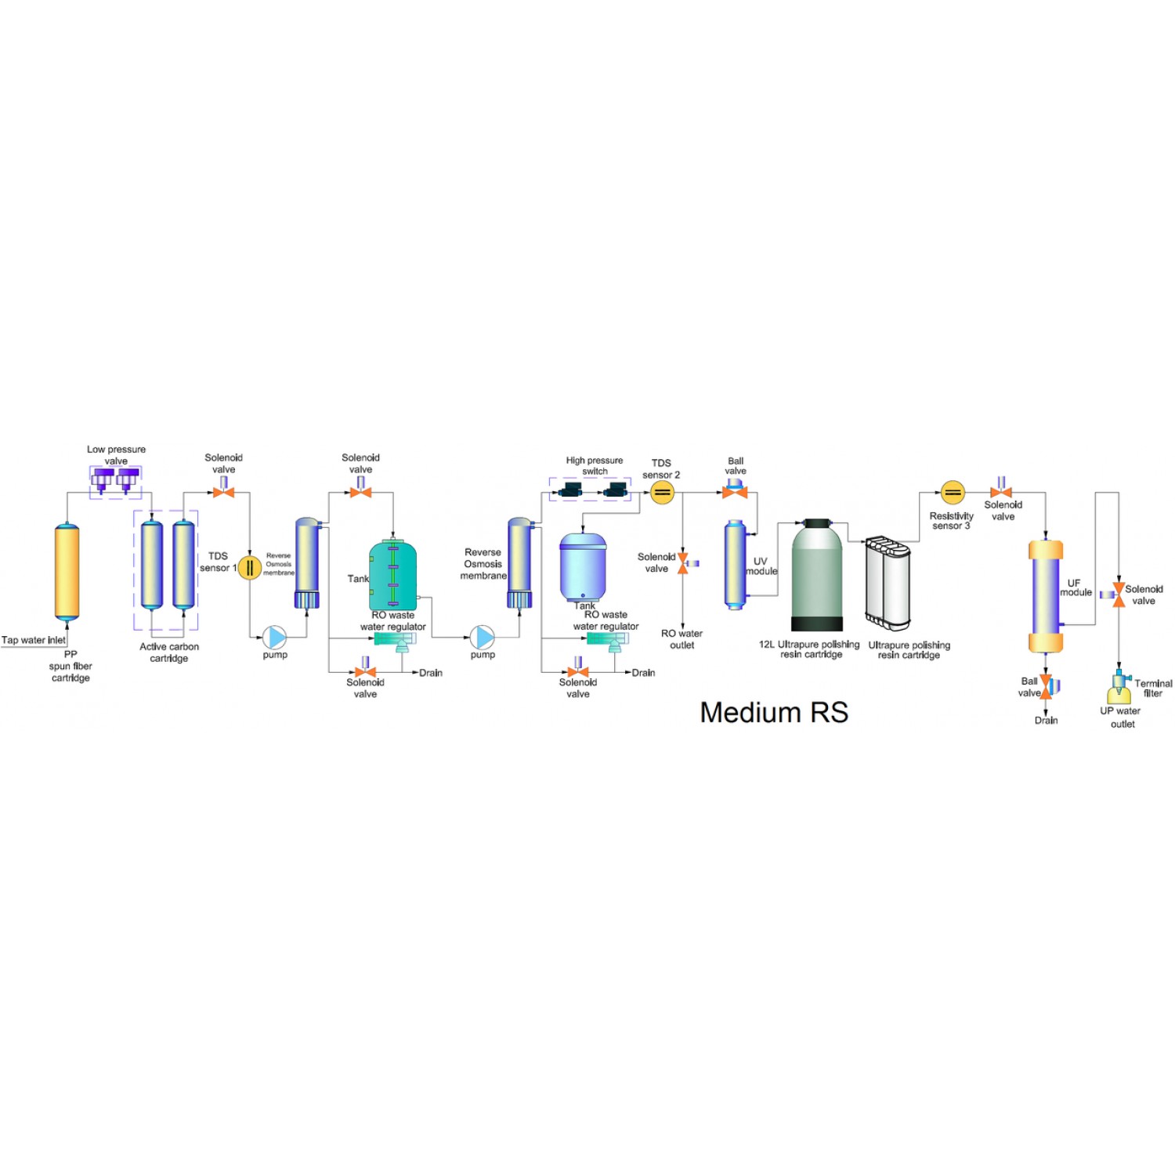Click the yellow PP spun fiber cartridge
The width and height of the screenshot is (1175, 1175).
pyautogui.click(x=67, y=572)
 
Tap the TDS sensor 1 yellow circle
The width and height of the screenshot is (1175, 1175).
pyautogui.click(x=249, y=567)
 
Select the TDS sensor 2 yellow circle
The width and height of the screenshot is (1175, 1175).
pyautogui.click(x=662, y=492)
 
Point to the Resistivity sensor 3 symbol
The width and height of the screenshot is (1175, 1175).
pyautogui.click(x=952, y=492)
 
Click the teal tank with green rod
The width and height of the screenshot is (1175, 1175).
pyautogui.click(x=392, y=576)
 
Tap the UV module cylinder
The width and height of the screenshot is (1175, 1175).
pyautogui.click(x=735, y=564)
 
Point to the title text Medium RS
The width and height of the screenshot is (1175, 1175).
pyautogui.click(x=774, y=712)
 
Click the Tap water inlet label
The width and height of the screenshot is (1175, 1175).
pyautogui.click(x=34, y=640)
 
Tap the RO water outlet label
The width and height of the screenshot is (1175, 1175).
pyautogui.click(x=681, y=639)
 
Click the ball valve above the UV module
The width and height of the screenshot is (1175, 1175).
pyautogui.click(x=735, y=491)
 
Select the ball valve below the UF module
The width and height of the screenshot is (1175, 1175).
pyautogui.click(x=1047, y=686)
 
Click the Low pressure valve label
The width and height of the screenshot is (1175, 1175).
pyautogui.click(x=116, y=455)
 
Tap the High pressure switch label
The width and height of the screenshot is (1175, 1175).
pyautogui.click(x=595, y=465)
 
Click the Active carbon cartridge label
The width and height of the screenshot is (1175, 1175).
pyautogui.click(x=169, y=652)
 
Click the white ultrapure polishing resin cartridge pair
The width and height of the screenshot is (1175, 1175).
pyautogui.click(x=888, y=582)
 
